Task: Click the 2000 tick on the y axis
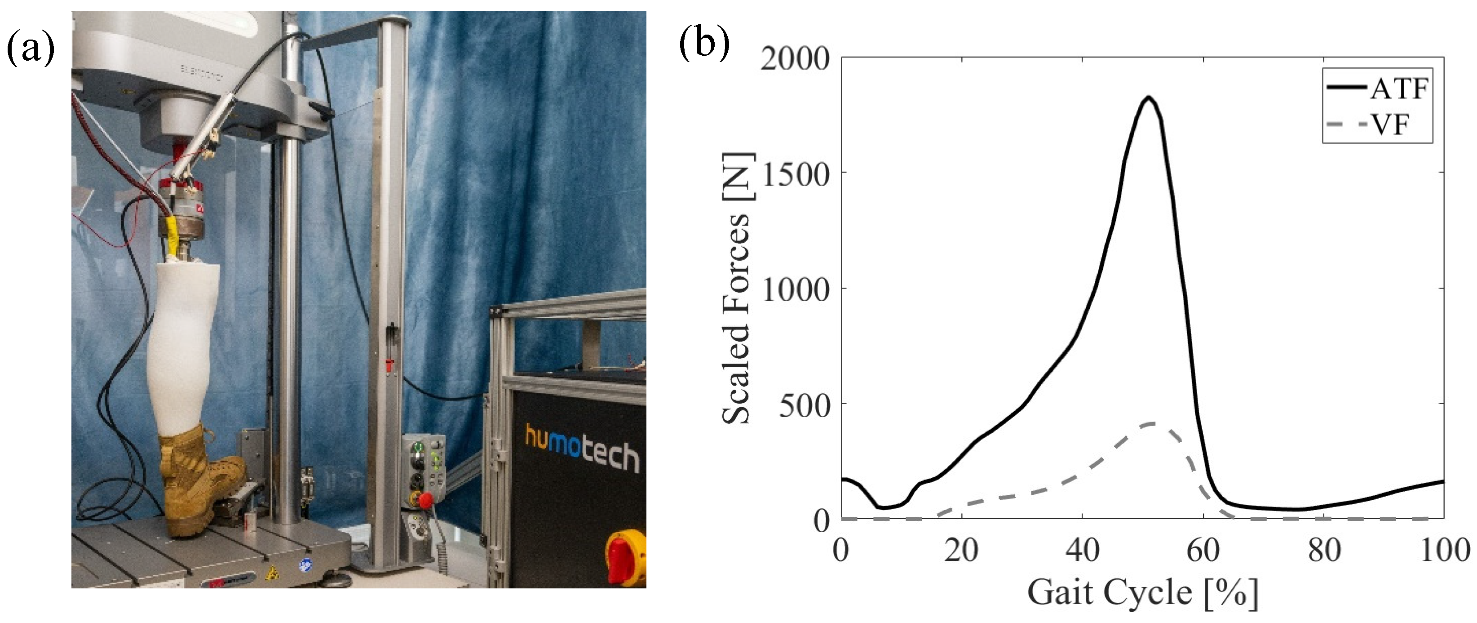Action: pyautogui.click(x=795, y=58)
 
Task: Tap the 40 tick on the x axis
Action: pyautogui.click(x=1082, y=550)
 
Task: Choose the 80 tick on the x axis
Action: pyautogui.click(x=1323, y=550)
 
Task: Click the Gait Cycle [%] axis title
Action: pyautogui.click(x=1142, y=592)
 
